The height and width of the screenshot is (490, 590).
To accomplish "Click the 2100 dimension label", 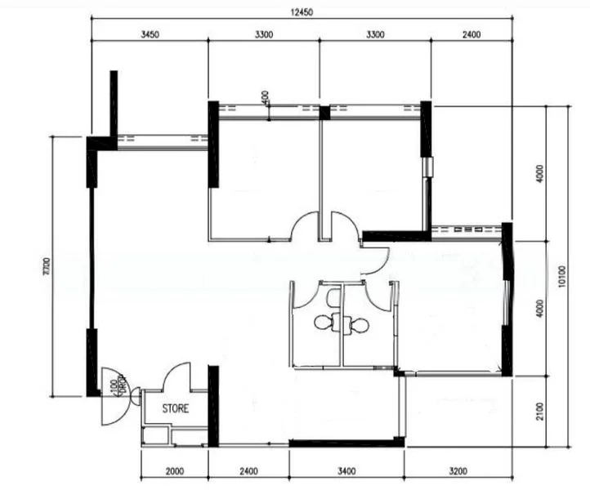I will point(538,412).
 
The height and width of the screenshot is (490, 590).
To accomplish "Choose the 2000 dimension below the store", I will point(175,471).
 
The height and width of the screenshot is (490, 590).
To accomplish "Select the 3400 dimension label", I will point(346,471).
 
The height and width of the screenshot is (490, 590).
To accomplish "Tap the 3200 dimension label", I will point(458,471).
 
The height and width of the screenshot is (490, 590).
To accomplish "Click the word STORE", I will point(175,408).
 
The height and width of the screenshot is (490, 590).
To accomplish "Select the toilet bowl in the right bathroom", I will point(360,325).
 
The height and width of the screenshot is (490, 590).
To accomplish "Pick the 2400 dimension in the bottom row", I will point(248,471).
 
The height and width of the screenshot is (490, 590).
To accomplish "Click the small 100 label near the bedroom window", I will point(266,97).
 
